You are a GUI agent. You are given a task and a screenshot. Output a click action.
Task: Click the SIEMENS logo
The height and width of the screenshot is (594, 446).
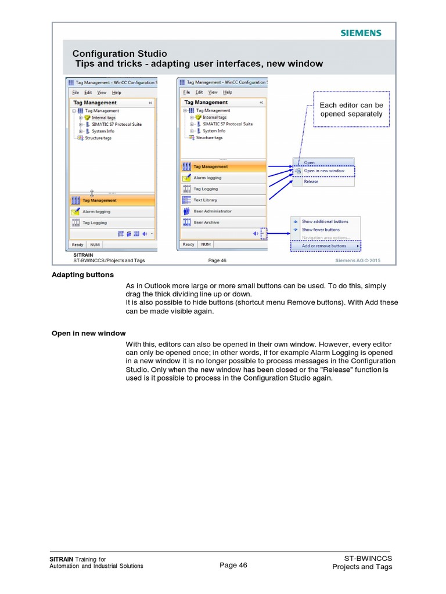click(x=361, y=33)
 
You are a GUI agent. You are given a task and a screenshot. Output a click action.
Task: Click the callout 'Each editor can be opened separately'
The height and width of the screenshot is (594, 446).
click(x=351, y=110)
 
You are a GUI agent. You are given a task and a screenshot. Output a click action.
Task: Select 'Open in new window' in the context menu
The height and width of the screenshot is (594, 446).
click(x=324, y=171)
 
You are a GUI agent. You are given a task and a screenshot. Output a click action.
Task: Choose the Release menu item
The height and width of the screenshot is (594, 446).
click(x=311, y=181)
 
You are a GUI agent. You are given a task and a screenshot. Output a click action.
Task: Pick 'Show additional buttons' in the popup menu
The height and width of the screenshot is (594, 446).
click(x=325, y=222)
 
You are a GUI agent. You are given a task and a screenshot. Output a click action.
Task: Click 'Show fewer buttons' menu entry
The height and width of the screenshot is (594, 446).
click(x=321, y=230)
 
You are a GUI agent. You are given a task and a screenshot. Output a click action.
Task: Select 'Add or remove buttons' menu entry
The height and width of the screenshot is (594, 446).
click(x=324, y=246)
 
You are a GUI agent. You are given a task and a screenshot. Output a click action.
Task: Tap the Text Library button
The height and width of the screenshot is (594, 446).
click(x=205, y=200)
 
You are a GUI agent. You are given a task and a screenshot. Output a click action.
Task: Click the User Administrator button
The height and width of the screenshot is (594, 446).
click(x=212, y=211)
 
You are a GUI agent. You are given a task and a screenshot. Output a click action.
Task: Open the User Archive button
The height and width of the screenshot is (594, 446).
click(x=206, y=222)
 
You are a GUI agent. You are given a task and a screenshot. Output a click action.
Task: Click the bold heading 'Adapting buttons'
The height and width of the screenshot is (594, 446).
click(x=83, y=274)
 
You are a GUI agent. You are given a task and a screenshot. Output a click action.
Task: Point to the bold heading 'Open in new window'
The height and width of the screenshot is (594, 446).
click(x=88, y=333)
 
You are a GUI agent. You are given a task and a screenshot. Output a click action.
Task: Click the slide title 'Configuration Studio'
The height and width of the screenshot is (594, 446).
click(x=119, y=54)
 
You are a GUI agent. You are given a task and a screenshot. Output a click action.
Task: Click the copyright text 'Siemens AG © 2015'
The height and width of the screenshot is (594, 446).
click(x=358, y=260)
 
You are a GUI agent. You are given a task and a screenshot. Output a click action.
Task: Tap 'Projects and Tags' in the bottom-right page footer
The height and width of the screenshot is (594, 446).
click(x=362, y=567)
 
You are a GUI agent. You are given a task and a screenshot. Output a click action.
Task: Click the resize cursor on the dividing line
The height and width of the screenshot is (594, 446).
click(x=91, y=192)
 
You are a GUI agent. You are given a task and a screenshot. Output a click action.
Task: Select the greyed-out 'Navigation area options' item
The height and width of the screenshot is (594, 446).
click(x=325, y=238)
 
